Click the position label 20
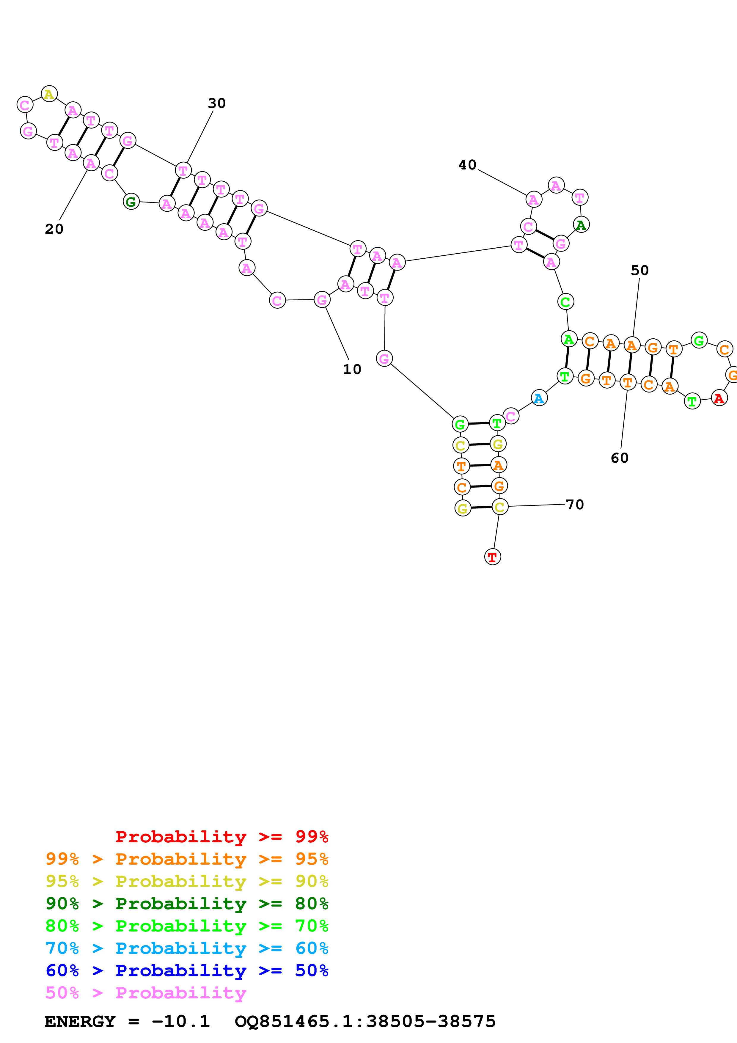click(54, 229)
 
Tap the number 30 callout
click(217, 103)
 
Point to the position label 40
click(467, 165)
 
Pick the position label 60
click(619, 458)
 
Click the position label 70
click(575, 505)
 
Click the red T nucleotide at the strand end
click(493, 557)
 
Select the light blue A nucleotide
click(539, 398)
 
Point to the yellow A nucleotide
click(49, 94)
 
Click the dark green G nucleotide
click(131, 201)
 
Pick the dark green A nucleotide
click(581, 225)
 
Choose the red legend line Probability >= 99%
click(221, 837)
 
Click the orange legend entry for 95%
click(187, 859)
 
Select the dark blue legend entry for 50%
click(187, 970)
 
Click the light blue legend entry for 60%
click(187, 948)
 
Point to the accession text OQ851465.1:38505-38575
click(365, 1022)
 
